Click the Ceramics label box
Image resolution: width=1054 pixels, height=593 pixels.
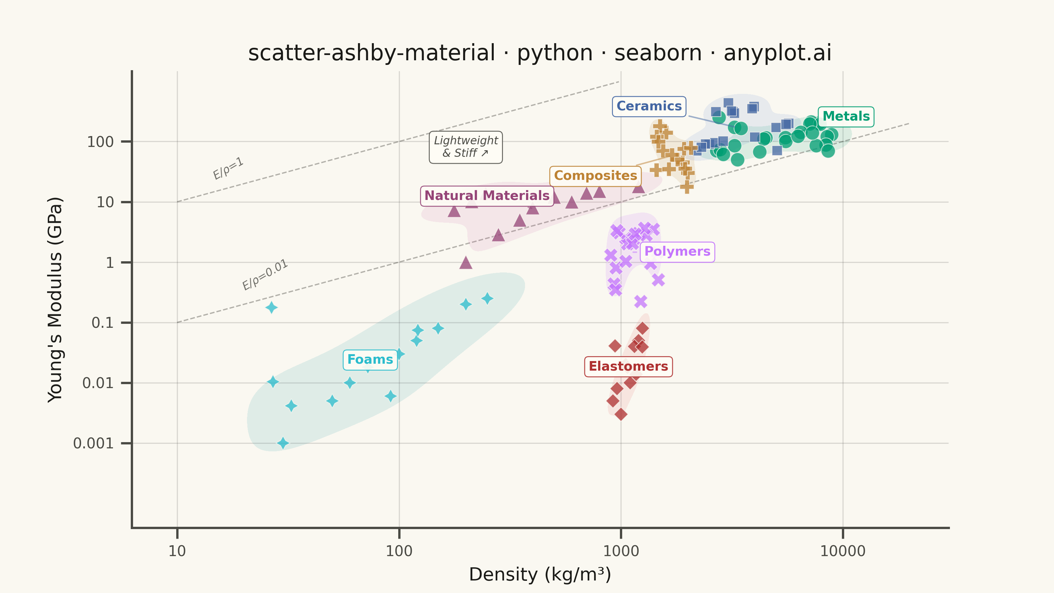click(x=649, y=106)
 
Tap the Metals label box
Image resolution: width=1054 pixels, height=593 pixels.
click(x=846, y=117)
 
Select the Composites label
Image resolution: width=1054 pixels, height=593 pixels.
click(x=595, y=176)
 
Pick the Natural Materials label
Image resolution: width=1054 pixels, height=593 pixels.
click(x=487, y=196)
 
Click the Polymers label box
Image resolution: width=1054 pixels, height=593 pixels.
click(x=677, y=252)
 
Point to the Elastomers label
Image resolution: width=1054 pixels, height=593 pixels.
click(x=628, y=367)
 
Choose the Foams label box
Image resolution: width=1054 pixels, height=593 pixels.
click(x=370, y=360)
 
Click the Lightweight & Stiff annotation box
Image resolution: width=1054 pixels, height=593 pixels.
click(x=466, y=147)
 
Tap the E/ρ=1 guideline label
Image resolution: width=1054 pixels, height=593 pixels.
click(x=228, y=168)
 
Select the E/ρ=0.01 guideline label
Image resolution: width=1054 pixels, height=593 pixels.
click(x=265, y=275)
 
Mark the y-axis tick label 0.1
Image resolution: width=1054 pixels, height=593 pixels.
click(x=102, y=323)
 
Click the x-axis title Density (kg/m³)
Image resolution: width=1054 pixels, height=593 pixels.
click(x=540, y=575)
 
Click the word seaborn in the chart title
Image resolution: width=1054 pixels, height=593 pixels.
click(x=658, y=53)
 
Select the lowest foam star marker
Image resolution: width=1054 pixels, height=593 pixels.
click(x=283, y=443)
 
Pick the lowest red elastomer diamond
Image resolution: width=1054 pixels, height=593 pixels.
click(x=621, y=414)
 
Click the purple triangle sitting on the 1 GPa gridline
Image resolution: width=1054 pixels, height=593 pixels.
click(x=466, y=263)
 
